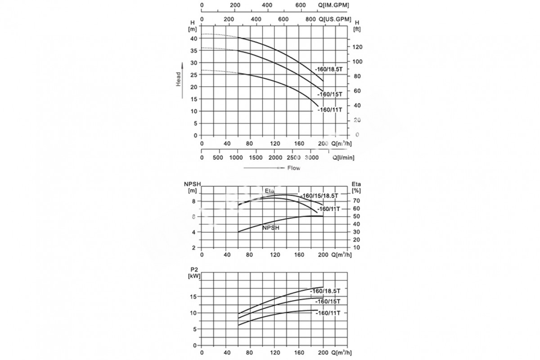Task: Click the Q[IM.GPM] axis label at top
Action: coord(333,5)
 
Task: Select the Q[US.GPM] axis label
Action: coord(334,20)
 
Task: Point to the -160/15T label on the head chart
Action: coord(329,94)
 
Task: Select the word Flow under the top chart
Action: coord(293,168)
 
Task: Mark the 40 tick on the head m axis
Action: coord(193,39)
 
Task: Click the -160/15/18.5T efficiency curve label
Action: coord(319,196)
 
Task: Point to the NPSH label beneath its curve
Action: coord(271,228)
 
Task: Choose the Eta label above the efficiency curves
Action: coord(269,192)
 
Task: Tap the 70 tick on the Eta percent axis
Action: coord(357,201)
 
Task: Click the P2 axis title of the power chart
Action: coord(194,269)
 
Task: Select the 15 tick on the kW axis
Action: coord(193,297)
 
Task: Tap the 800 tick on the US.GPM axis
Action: coord(311,20)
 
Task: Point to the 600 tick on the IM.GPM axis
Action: coord(301,5)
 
